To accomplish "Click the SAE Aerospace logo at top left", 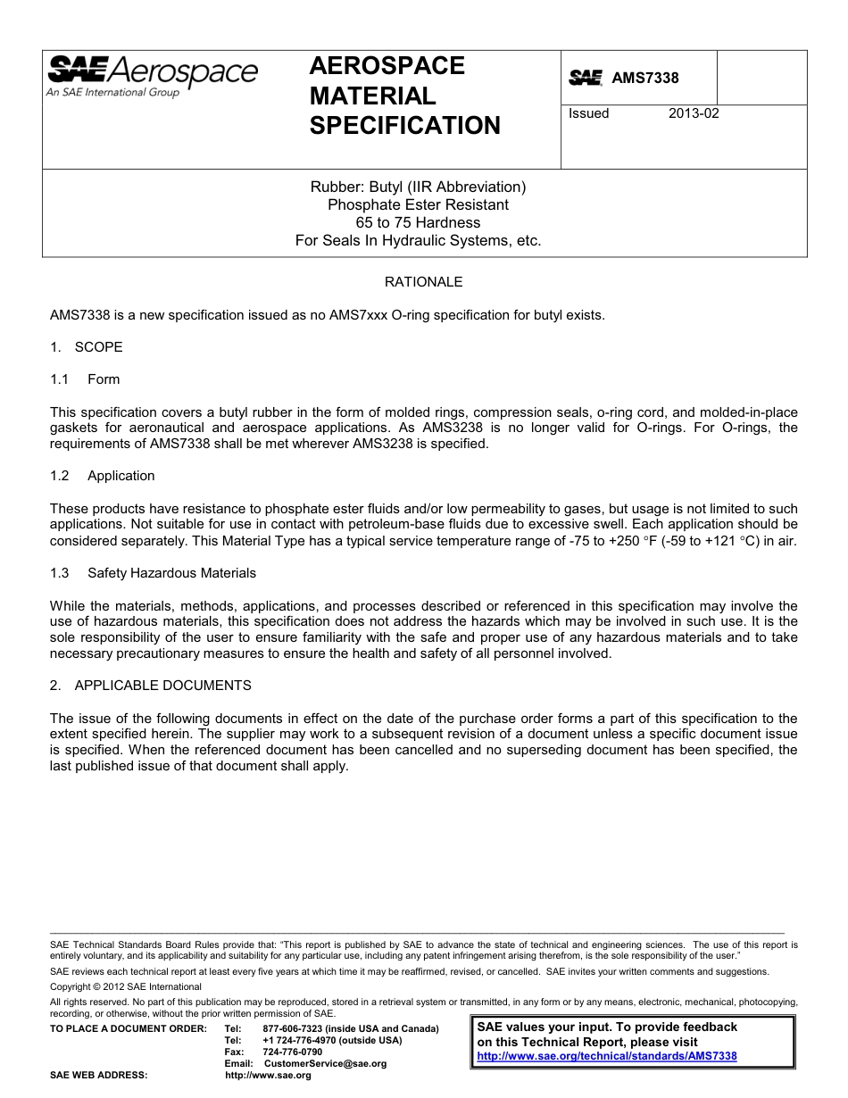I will point(152,76).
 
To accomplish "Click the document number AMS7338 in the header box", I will point(644,78).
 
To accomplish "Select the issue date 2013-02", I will point(694,113).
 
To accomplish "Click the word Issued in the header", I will point(589,113).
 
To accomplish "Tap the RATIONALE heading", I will point(423,282).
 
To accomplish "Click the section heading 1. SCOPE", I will point(87,347).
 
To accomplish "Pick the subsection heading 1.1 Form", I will point(86,379).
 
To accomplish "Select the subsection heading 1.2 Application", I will point(103,476).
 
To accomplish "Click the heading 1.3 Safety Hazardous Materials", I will point(153,573).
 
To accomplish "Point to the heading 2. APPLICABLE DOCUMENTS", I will point(151,686).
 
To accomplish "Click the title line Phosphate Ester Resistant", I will point(418,204).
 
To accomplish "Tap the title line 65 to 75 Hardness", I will point(418,222).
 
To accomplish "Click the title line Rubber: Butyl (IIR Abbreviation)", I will point(418,187).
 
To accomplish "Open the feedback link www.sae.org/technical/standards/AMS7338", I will point(607,1056).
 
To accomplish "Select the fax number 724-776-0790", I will point(293,1052).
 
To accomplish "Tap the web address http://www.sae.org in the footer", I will point(268,1076).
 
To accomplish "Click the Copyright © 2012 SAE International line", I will point(126,986).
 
